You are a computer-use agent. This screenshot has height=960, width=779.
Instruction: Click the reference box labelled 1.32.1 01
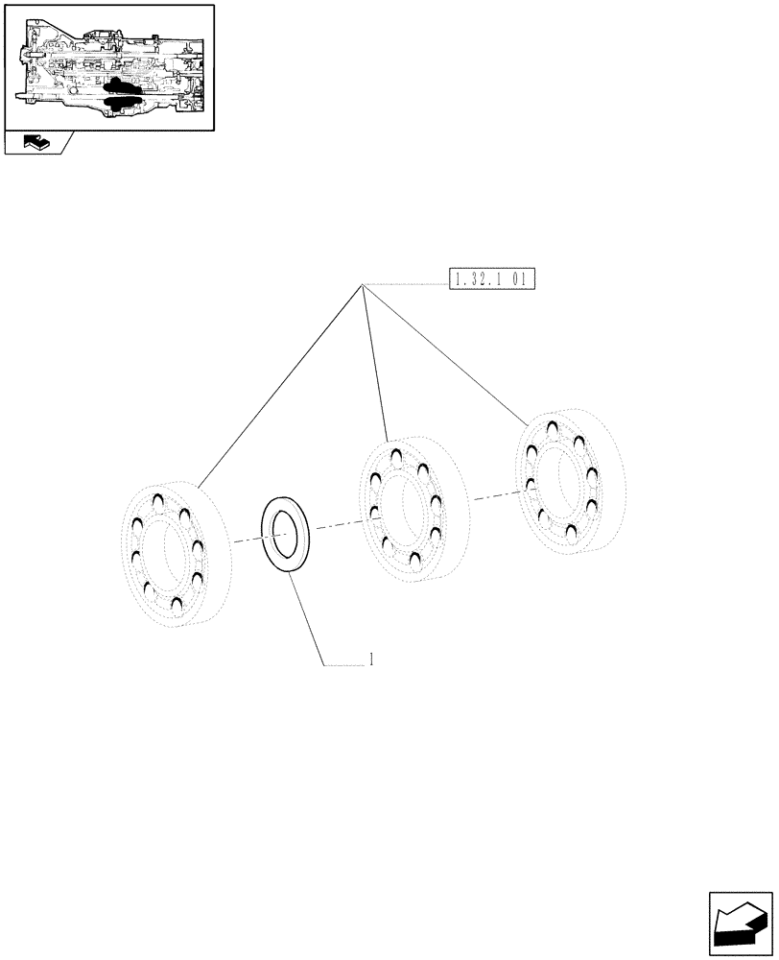pos(492,279)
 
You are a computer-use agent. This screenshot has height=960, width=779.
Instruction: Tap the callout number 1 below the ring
pos(370,660)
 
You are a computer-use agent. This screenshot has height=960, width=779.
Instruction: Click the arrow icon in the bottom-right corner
pos(741,924)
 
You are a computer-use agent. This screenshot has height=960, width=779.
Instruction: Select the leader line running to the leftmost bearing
pos(278,384)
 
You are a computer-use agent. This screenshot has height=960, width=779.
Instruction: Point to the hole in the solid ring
pos(285,534)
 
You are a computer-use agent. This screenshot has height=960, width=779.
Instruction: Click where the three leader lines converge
pos(362,284)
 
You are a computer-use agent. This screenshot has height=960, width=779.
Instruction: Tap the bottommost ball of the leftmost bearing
pos(177,602)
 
